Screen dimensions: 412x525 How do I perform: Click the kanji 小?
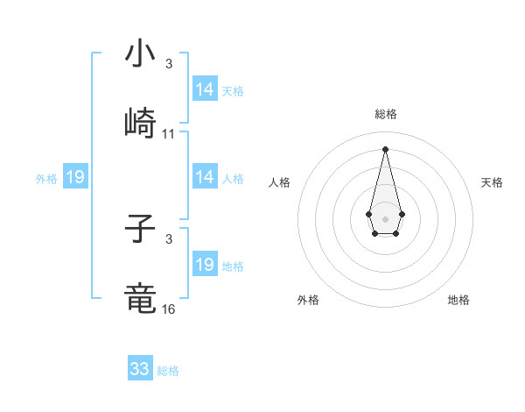pyautogui.click(x=140, y=53)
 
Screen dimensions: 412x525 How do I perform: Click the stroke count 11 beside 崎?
pyautogui.click(x=169, y=134)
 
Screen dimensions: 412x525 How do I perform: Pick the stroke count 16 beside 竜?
pyautogui.click(x=169, y=309)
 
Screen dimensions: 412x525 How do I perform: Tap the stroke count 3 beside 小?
pyautogui.click(x=169, y=64)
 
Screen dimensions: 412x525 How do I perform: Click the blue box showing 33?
pyautogui.click(x=140, y=369)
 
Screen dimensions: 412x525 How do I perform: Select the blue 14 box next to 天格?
pyautogui.click(x=205, y=89)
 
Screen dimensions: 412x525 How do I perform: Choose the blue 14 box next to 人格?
pyautogui.click(x=205, y=177)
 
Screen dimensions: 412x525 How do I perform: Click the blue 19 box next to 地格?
pyautogui.click(x=205, y=265)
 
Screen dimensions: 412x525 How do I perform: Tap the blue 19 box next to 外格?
pyautogui.click(x=75, y=177)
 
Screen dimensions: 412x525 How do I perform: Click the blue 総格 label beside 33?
pyautogui.click(x=168, y=371)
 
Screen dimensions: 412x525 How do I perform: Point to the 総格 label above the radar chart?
pyautogui.click(x=385, y=114)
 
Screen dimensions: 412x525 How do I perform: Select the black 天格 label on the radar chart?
pyautogui.click(x=492, y=182)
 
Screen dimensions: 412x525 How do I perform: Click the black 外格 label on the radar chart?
pyautogui.click(x=308, y=300)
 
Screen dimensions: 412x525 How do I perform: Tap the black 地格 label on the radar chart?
pyautogui.click(x=458, y=300)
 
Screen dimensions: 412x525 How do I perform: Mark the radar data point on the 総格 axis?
pyautogui.click(x=385, y=148)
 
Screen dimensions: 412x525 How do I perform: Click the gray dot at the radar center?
pyautogui.click(x=385, y=217)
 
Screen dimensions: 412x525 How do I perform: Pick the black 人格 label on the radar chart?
pyautogui.click(x=280, y=182)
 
